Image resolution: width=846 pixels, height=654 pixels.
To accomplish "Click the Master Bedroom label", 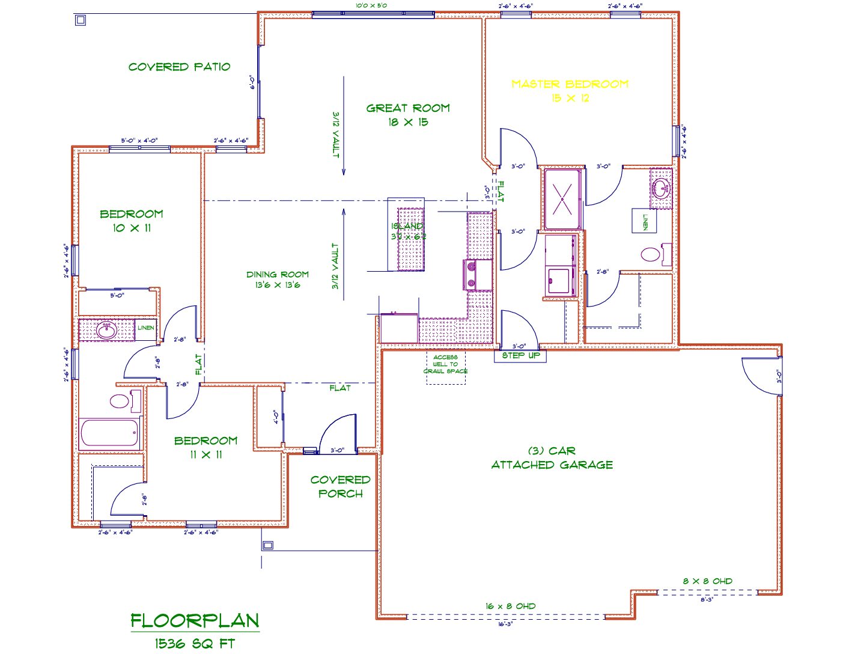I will pos(570,90).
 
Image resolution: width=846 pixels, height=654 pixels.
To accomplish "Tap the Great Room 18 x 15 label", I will pos(408,115).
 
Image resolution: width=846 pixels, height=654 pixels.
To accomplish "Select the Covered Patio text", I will pos(179,67).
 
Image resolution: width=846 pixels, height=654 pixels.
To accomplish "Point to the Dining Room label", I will pos(278,280).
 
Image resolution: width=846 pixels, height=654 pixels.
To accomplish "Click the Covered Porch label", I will pos(340,486).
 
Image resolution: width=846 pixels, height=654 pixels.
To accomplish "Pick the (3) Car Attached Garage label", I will pos(552,457).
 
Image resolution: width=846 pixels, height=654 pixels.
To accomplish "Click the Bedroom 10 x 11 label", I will pos(131,221).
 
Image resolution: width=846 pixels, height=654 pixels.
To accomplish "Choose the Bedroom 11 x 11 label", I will pos(205,447).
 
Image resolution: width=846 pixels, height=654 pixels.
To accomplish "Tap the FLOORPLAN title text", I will pos(195,620).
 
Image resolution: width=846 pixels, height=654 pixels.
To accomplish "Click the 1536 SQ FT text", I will pos(195,643).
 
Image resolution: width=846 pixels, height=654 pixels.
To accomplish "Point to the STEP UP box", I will pos(520,355).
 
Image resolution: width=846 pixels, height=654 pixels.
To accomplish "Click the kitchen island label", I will pos(408,231).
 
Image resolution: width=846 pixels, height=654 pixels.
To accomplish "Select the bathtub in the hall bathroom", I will pos(110,432).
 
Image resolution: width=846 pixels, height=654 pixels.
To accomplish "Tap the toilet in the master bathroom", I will pos(651,254).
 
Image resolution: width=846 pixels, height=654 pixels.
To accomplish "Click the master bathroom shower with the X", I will pos(562,199).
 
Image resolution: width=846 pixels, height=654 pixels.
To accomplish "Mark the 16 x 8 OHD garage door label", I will pos(510,606).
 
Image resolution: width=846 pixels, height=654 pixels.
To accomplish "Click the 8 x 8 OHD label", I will pos(707,581).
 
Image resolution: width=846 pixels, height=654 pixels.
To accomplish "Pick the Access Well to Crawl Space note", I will pos(445,364).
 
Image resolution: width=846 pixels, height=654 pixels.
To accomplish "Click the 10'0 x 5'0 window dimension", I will pos(371,5).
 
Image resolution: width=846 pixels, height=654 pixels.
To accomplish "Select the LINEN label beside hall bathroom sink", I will pos(146,328).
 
